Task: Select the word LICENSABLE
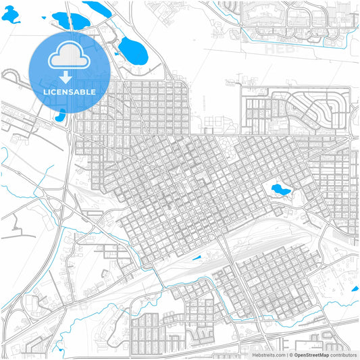[x=70, y=92]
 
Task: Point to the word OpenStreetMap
[x=317, y=354]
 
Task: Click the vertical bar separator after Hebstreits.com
[x=288, y=354]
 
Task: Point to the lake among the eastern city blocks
[x=280, y=190]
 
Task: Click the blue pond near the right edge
[x=355, y=289]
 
